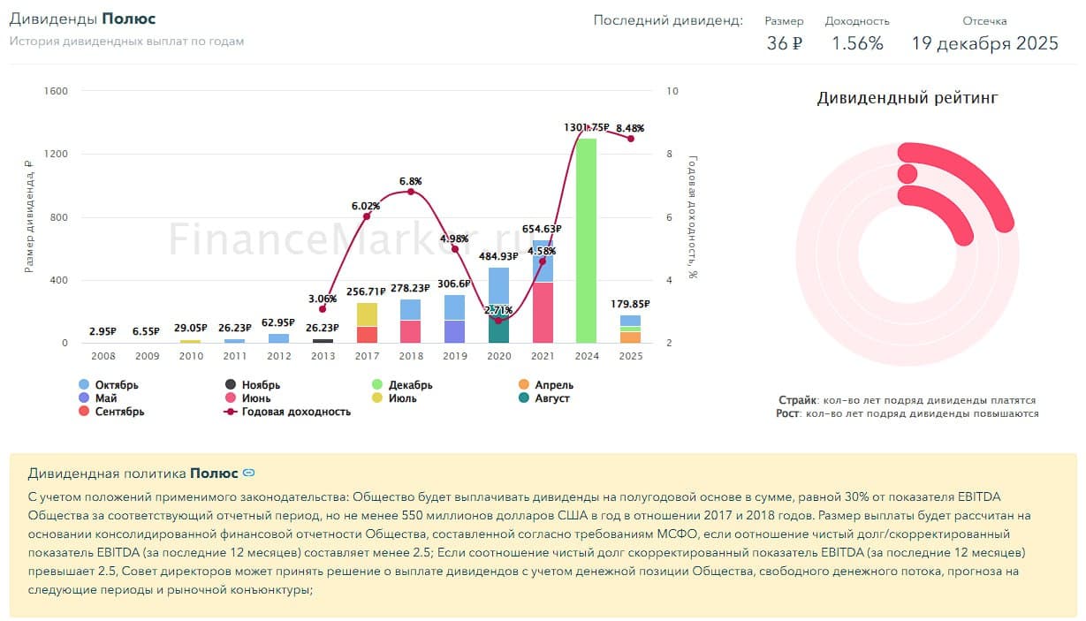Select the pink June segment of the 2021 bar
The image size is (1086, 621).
tap(543, 313)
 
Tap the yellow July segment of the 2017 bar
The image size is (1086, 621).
tap(367, 314)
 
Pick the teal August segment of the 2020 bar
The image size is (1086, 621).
tap(498, 329)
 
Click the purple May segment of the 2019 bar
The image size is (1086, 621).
tap(454, 331)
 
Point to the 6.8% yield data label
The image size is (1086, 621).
tap(410, 181)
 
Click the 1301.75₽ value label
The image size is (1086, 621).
tap(586, 128)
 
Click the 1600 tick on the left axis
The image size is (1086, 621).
tap(56, 91)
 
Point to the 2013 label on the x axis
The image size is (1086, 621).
tap(323, 356)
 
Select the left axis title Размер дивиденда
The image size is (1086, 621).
tap(29, 216)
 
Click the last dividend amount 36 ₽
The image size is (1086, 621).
tap(784, 43)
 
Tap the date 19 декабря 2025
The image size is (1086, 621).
tap(984, 43)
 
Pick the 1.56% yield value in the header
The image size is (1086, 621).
tap(857, 43)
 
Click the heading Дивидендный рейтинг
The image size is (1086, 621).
tap(907, 98)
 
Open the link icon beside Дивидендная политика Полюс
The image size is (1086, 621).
tap(249, 473)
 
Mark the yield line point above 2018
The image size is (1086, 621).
tap(410, 192)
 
